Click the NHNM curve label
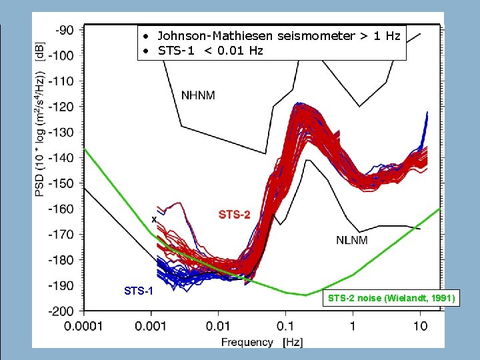point(198,95)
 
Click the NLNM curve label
point(351,240)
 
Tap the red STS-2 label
point(235,214)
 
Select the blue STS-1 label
point(139,291)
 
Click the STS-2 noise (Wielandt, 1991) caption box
point(391,298)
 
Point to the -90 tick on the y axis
point(65,30)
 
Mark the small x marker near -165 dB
point(154,219)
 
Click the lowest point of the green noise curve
point(305,295)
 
